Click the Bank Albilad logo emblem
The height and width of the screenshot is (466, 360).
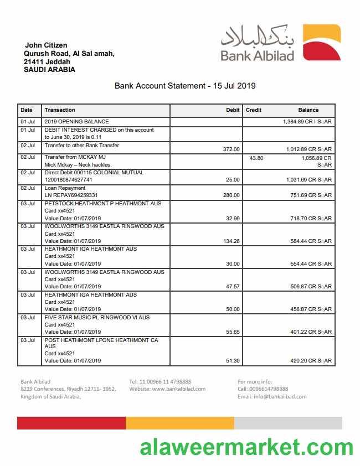point(322,43)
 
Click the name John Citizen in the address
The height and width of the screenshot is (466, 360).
point(46,45)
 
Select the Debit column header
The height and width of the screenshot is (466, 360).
point(233,110)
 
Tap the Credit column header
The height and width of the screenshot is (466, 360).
point(254,110)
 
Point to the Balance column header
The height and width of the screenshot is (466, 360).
point(308,110)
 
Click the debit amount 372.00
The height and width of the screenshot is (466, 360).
point(231,149)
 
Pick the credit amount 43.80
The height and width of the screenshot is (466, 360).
point(256,158)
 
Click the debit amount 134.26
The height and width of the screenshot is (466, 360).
point(230,241)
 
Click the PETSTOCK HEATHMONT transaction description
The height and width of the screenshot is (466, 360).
point(102,204)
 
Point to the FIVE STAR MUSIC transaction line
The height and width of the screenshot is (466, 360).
point(97,318)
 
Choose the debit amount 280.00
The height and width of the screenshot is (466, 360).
point(231,195)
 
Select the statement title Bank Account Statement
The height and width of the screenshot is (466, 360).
point(184,86)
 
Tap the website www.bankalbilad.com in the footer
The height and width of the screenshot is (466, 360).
point(167,389)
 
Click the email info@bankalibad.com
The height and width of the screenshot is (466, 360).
point(272,397)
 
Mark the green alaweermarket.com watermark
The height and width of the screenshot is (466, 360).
point(246,447)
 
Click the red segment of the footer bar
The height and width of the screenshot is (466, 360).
point(71,423)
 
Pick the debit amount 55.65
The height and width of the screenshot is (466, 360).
point(233,332)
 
